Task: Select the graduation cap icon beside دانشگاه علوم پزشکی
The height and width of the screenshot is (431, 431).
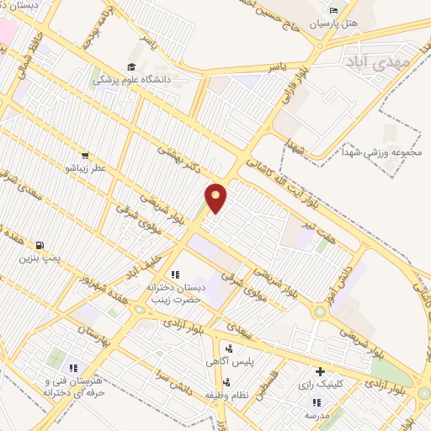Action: coord(131,67)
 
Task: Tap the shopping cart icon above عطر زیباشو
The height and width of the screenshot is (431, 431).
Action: coord(85,155)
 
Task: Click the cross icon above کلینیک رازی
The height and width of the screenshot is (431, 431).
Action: coord(320,371)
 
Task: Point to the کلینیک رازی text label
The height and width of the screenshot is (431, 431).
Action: coord(321,384)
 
